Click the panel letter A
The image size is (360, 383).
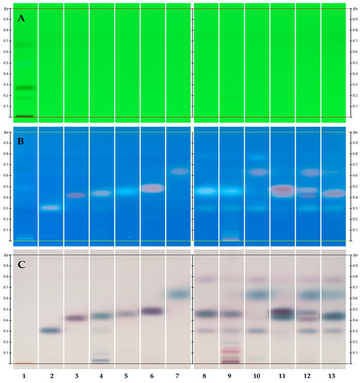point(21,19)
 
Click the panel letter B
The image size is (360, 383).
point(21,143)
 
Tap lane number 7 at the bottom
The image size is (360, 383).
point(178,374)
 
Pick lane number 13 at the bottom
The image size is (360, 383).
point(333,374)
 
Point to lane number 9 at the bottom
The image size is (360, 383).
point(231,374)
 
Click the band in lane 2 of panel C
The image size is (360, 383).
point(50,331)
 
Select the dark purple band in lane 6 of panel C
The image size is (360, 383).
point(152,312)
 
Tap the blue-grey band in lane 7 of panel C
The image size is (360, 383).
point(178,295)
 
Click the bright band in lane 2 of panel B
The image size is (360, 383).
point(50,208)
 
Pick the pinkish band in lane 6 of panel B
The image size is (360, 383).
point(152,189)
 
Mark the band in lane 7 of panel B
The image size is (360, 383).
point(178,172)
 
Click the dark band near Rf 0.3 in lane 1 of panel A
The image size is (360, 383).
point(25,87)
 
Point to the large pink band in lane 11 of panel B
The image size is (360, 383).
point(282,191)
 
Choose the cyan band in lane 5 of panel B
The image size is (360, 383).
point(127,192)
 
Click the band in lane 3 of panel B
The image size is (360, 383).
point(76,195)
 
